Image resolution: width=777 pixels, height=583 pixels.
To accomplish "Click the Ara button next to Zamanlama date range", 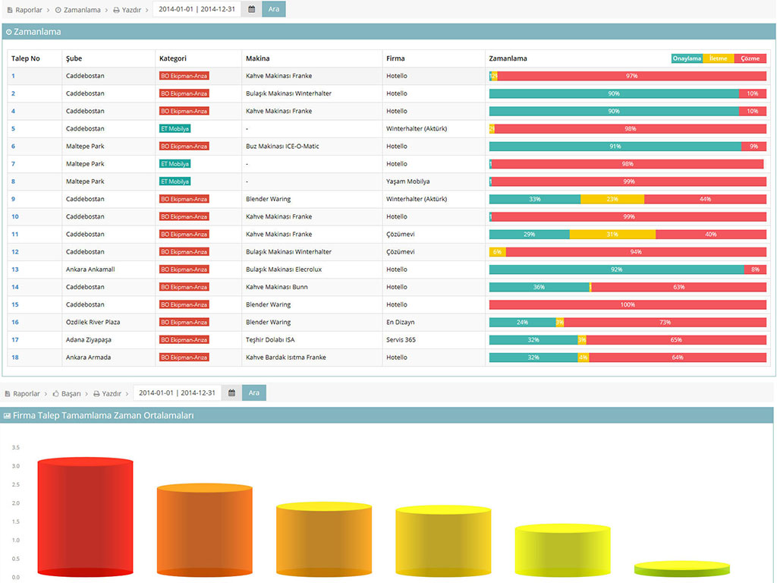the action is [x=273, y=9].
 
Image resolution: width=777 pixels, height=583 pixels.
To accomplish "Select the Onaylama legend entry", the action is [x=687, y=58].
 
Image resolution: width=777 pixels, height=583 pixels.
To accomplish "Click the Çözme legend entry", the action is [x=750, y=58].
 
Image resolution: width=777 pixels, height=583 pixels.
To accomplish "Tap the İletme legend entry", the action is [x=719, y=58].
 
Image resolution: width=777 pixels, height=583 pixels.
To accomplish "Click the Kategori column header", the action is [x=173, y=58].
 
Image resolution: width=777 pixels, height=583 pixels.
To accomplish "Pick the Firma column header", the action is [x=395, y=58].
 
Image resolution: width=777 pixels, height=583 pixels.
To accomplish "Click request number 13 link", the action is [x=15, y=269].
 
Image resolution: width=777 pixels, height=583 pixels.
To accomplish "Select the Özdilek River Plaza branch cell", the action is [x=93, y=322].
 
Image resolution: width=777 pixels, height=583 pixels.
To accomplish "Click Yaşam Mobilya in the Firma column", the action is [x=407, y=181].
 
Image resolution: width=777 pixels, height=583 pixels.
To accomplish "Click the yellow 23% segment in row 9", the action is [x=612, y=200].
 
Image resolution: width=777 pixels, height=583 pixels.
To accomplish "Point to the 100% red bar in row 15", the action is [x=628, y=304].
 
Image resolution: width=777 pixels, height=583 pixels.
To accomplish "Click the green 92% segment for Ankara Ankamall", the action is [x=616, y=269].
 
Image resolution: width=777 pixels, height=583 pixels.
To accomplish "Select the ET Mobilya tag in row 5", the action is [x=175, y=129].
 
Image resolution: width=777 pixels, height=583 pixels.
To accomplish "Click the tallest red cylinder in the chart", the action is [x=85, y=517].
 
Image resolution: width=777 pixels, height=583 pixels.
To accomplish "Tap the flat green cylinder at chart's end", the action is [x=682, y=569].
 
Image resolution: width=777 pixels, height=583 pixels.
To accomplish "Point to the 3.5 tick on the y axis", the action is [x=15, y=448].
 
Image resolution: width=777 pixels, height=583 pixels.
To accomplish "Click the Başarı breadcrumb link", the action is [x=67, y=393].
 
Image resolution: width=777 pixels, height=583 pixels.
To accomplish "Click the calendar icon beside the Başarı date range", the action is [x=231, y=392].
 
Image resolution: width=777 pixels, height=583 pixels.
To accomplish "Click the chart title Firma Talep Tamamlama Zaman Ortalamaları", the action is [x=103, y=415].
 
